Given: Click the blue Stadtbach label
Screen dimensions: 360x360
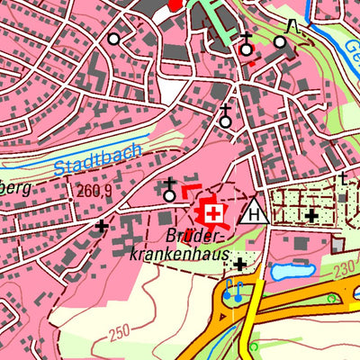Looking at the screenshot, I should [x=97, y=160].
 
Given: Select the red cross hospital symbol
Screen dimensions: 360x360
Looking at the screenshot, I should [x=213, y=213].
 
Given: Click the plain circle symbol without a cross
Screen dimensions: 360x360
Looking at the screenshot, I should [x=113, y=40].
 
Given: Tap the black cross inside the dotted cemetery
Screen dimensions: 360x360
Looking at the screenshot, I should [x=311, y=216].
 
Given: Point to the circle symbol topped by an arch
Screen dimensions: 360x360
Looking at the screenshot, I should [x=281, y=40].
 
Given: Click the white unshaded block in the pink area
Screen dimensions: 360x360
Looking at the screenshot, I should [x=168, y=86].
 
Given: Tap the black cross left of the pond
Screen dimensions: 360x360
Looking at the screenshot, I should [x=240, y=264].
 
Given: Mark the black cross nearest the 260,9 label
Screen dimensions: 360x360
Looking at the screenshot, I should [x=102, y=226].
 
